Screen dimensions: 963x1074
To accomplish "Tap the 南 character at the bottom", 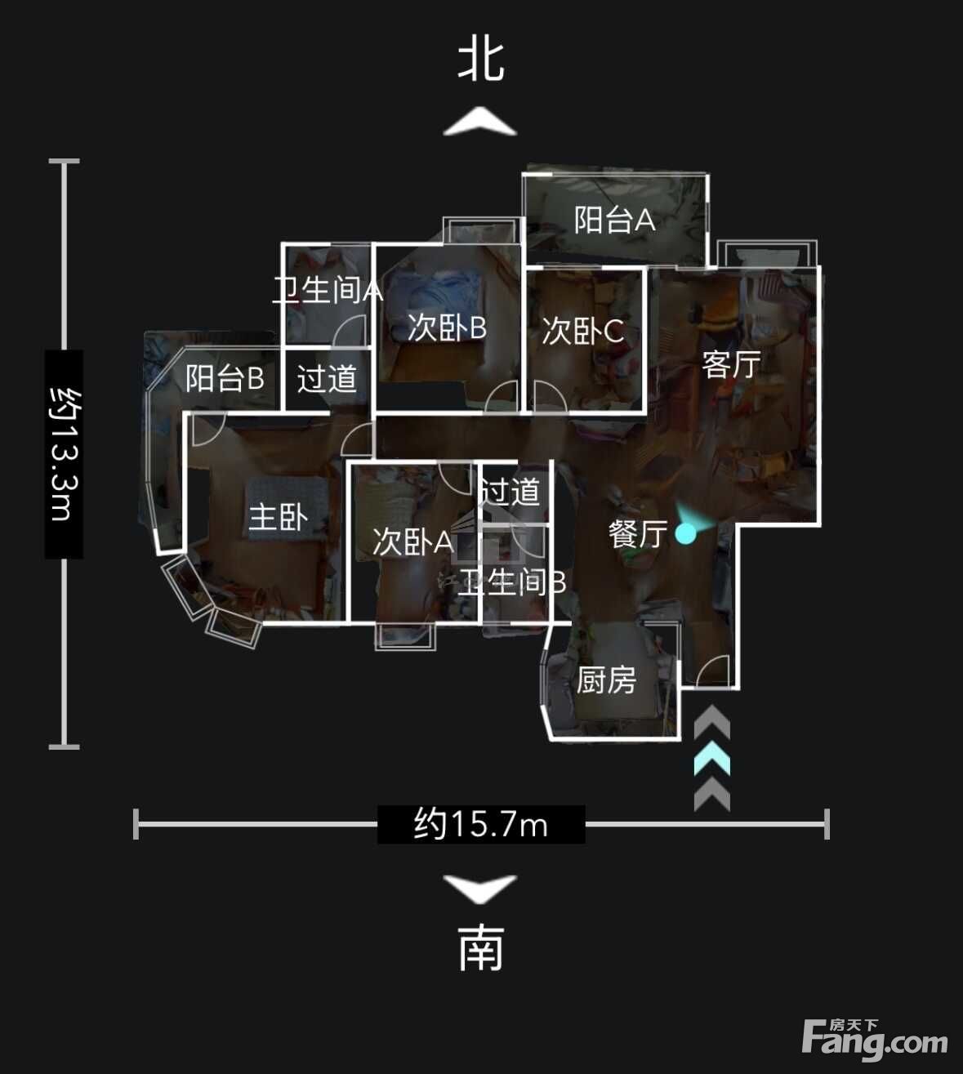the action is pyautogui.click(x=481, y=948).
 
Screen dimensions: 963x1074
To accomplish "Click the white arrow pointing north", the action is pyautogui.click(x=480, y=121).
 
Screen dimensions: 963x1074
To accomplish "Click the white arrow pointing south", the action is pyautogui.click(x=480, y=889).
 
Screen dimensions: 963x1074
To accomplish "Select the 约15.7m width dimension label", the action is pyautogui.click(x=481, y=824).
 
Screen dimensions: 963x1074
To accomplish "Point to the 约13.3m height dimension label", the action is pyautogui.click(x=65, y=454).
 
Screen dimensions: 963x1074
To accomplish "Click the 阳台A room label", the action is pyautogui.click(x=614, y=220).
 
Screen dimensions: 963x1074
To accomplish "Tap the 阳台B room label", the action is pyautogui.click(x=225, y=378).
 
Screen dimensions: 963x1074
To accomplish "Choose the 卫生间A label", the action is pyautogui.click(x=328, y=291).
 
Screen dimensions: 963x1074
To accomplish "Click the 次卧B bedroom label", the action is pyautogui.click(x=447, y=328).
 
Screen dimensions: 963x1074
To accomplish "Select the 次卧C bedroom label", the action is pyautogui.click(x=583, y=332).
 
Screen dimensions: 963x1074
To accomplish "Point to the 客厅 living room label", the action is pyautogui.click(x=731, y=364).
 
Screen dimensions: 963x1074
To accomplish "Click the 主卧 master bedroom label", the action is pyautogui.click(x=279, y=517).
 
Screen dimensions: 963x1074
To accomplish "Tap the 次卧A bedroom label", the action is pyautogui.click(x=412, y=542).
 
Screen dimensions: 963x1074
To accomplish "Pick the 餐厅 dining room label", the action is pyautogui.click(x=638, y=534).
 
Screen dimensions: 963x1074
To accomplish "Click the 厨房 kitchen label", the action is pyautogui.click(x=606, y=680).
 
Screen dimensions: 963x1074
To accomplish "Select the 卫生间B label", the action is pyautogui.click(x=512, y=582).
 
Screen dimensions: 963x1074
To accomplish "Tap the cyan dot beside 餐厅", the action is pyautogui.click(x=685, y=534).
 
